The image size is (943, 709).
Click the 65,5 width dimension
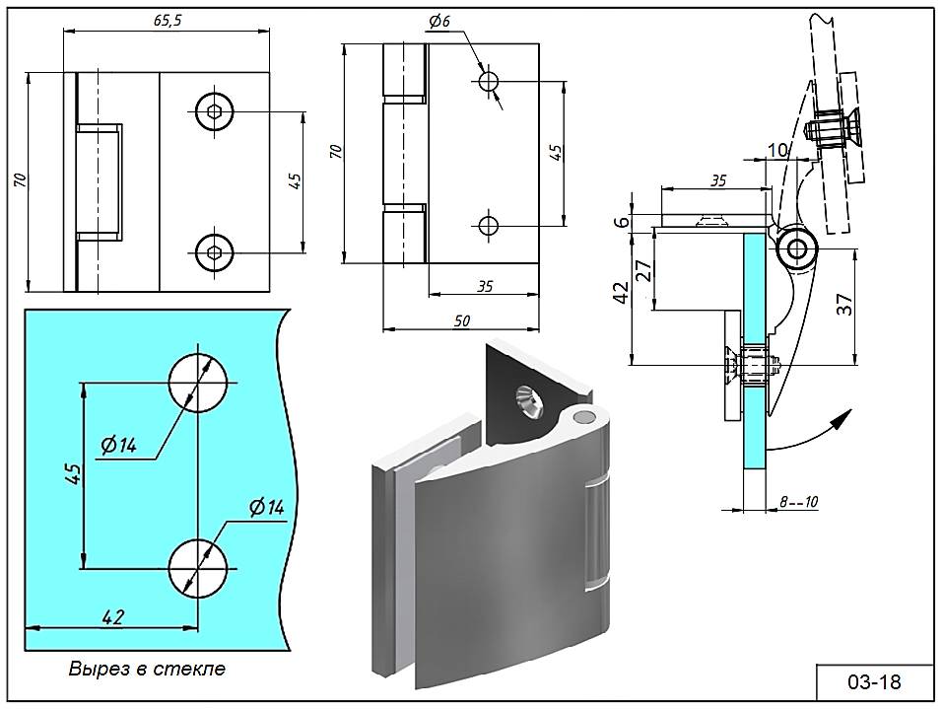168,22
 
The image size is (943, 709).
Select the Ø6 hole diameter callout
439,23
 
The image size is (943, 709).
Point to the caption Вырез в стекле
147,669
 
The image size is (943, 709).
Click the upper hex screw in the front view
216,112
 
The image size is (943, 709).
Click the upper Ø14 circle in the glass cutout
197,382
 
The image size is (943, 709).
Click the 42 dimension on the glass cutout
112,617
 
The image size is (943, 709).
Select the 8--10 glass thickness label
798,502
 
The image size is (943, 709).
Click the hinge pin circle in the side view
793,250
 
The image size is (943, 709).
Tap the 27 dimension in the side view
643,270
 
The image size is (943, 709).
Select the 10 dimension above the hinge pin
777,149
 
